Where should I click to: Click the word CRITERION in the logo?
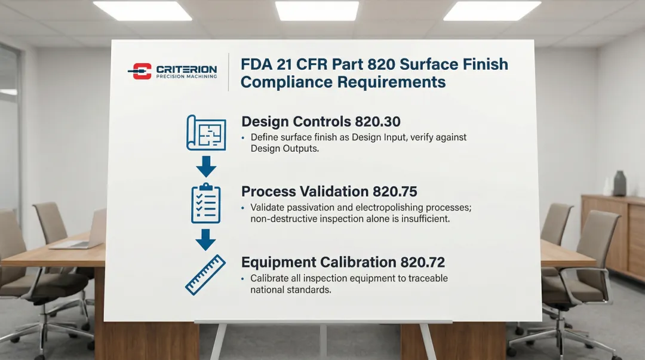click(186, 69)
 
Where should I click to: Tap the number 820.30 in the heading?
click(377, 121)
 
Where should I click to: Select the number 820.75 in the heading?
click(395, 191)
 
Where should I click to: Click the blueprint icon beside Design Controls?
click(206, 133)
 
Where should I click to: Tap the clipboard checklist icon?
click(205, 203)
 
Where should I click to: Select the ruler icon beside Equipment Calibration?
click(205, 275)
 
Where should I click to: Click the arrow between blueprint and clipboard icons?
click(206, 166)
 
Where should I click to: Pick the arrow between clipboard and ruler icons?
click(205, 240)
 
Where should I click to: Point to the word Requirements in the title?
click(392, 82)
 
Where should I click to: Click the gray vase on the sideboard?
click(619, 183)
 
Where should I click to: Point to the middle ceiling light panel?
click(317, 10)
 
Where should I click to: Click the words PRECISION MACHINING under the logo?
click(186, 76)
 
